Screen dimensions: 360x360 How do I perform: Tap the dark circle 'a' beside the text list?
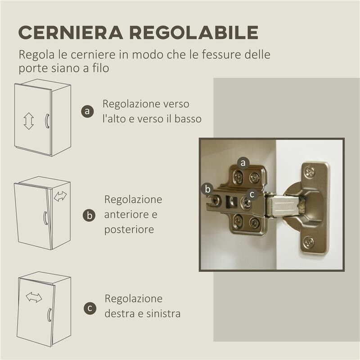pos(87,111)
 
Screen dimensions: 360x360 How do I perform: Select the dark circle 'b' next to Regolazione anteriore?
pos(90,215)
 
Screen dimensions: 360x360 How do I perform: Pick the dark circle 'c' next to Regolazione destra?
pos(90,308)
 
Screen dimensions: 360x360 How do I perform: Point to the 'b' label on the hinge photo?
pos(208,189)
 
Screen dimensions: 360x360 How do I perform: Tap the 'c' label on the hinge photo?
pos(252,194)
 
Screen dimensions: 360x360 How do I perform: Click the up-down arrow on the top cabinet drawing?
pos(29,121)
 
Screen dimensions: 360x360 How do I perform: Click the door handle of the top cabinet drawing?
pos(46,121)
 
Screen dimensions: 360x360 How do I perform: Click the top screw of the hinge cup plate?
pos(309,171)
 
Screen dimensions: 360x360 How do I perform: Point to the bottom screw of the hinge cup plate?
pos(309,242)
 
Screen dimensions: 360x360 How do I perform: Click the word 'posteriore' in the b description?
pos(129,229)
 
